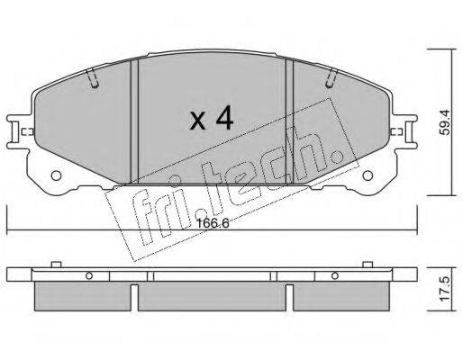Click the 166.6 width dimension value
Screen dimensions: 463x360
[213, 223]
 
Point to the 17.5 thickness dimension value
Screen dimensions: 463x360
[446, 289]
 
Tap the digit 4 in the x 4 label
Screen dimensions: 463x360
[224, 117]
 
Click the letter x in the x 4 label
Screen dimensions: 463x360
[198, 121]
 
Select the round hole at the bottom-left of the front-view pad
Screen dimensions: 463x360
[56, 175]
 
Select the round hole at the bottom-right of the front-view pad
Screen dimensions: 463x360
[368, 175]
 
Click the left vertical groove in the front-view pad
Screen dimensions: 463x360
[134, 121]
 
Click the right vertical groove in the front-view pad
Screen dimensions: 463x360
[289, 121]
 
